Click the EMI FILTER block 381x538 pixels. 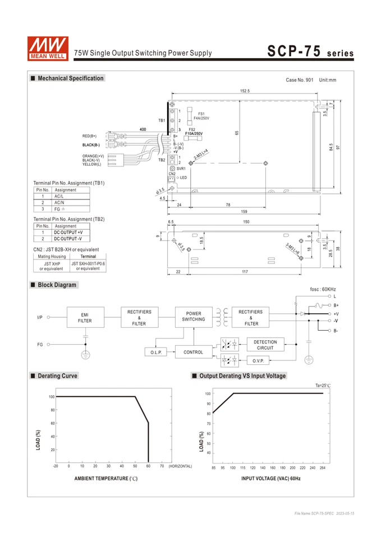pyautogui.click(x=85, y=318)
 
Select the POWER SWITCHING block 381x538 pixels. pyautogui.click(x=194, y=317)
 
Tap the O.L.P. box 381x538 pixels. pyautogui.click(x=157, y=353)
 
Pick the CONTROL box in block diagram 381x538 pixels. pyautogui.click(x=194, y=353)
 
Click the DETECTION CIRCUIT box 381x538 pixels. pyautogui.click(x=265, y=345)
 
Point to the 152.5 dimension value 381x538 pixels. pyautogui.click(x=245, y=91)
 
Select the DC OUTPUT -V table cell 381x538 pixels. pyautogui.click(x=68, y=238)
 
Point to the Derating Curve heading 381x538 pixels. pyautogui.click(x=57, y=376)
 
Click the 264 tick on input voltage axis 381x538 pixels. pyautogui.click(x=323, y=467)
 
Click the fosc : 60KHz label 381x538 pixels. pyautogui.click(x=323, y=289)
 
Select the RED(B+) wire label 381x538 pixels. pyautogui.click(x=90, y=136)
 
